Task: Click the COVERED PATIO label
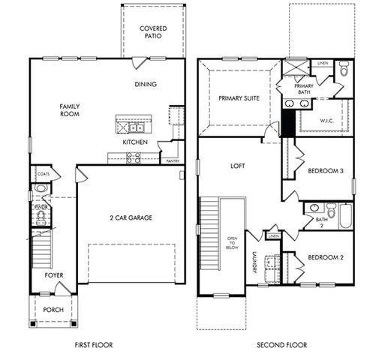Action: click(x=153, y=31)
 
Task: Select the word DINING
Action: click(x=146, y=84)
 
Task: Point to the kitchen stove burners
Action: click(x=134, y=157)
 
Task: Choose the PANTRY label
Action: click(x=172, y=160)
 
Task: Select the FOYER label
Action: click(x=53, y=275)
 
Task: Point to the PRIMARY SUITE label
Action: click(x=239, y=98)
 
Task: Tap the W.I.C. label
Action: click(x=326, y=120)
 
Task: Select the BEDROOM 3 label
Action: click(x=326, y=171)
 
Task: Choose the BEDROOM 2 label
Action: click(x=326, y=257)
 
